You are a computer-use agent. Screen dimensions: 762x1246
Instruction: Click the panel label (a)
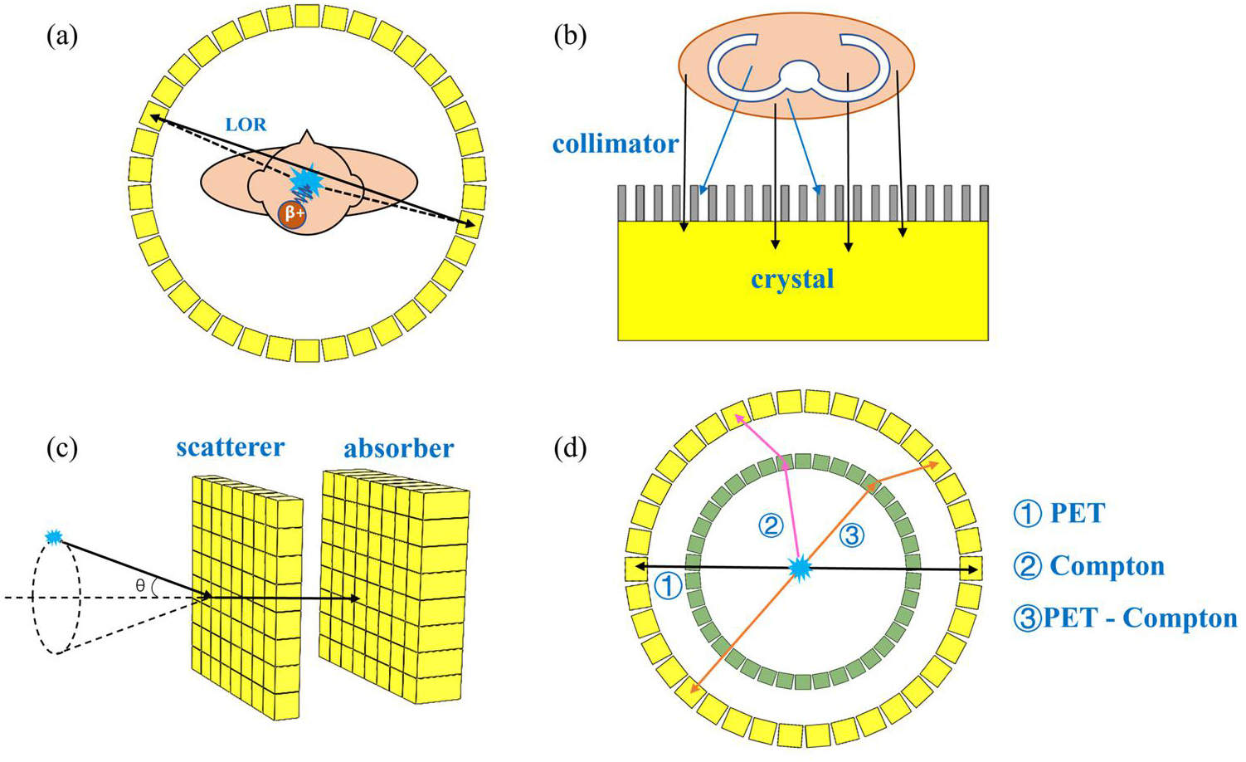tap(62, 37)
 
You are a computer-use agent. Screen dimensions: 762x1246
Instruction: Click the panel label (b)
tap(570, 37)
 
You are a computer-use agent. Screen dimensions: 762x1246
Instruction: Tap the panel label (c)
tap(62, 448)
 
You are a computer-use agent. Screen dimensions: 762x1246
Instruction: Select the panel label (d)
tap(570, 448)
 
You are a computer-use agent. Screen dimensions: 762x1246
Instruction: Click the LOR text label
tap(246, 125)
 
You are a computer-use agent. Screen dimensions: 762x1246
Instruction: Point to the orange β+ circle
tap(293, 213)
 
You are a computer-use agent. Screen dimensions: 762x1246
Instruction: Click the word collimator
tap(616, 144)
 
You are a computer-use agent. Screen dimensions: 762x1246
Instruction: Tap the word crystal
tap(792, 279)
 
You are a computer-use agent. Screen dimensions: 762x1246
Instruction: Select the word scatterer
tap(230, 447)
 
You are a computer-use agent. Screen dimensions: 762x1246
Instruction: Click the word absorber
tap(398, 449)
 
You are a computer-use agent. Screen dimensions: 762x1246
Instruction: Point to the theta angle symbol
tap(140, 586)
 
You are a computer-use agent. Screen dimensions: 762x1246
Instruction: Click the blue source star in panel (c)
tap(54, 538)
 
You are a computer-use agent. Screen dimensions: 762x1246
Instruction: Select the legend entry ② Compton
tap(1089, 566)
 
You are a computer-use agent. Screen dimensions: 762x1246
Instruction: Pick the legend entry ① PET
tap(1059, 514)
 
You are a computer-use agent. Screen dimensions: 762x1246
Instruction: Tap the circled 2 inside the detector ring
tap(771, 525)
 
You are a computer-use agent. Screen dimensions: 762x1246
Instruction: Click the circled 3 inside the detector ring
tap(851, 535)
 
